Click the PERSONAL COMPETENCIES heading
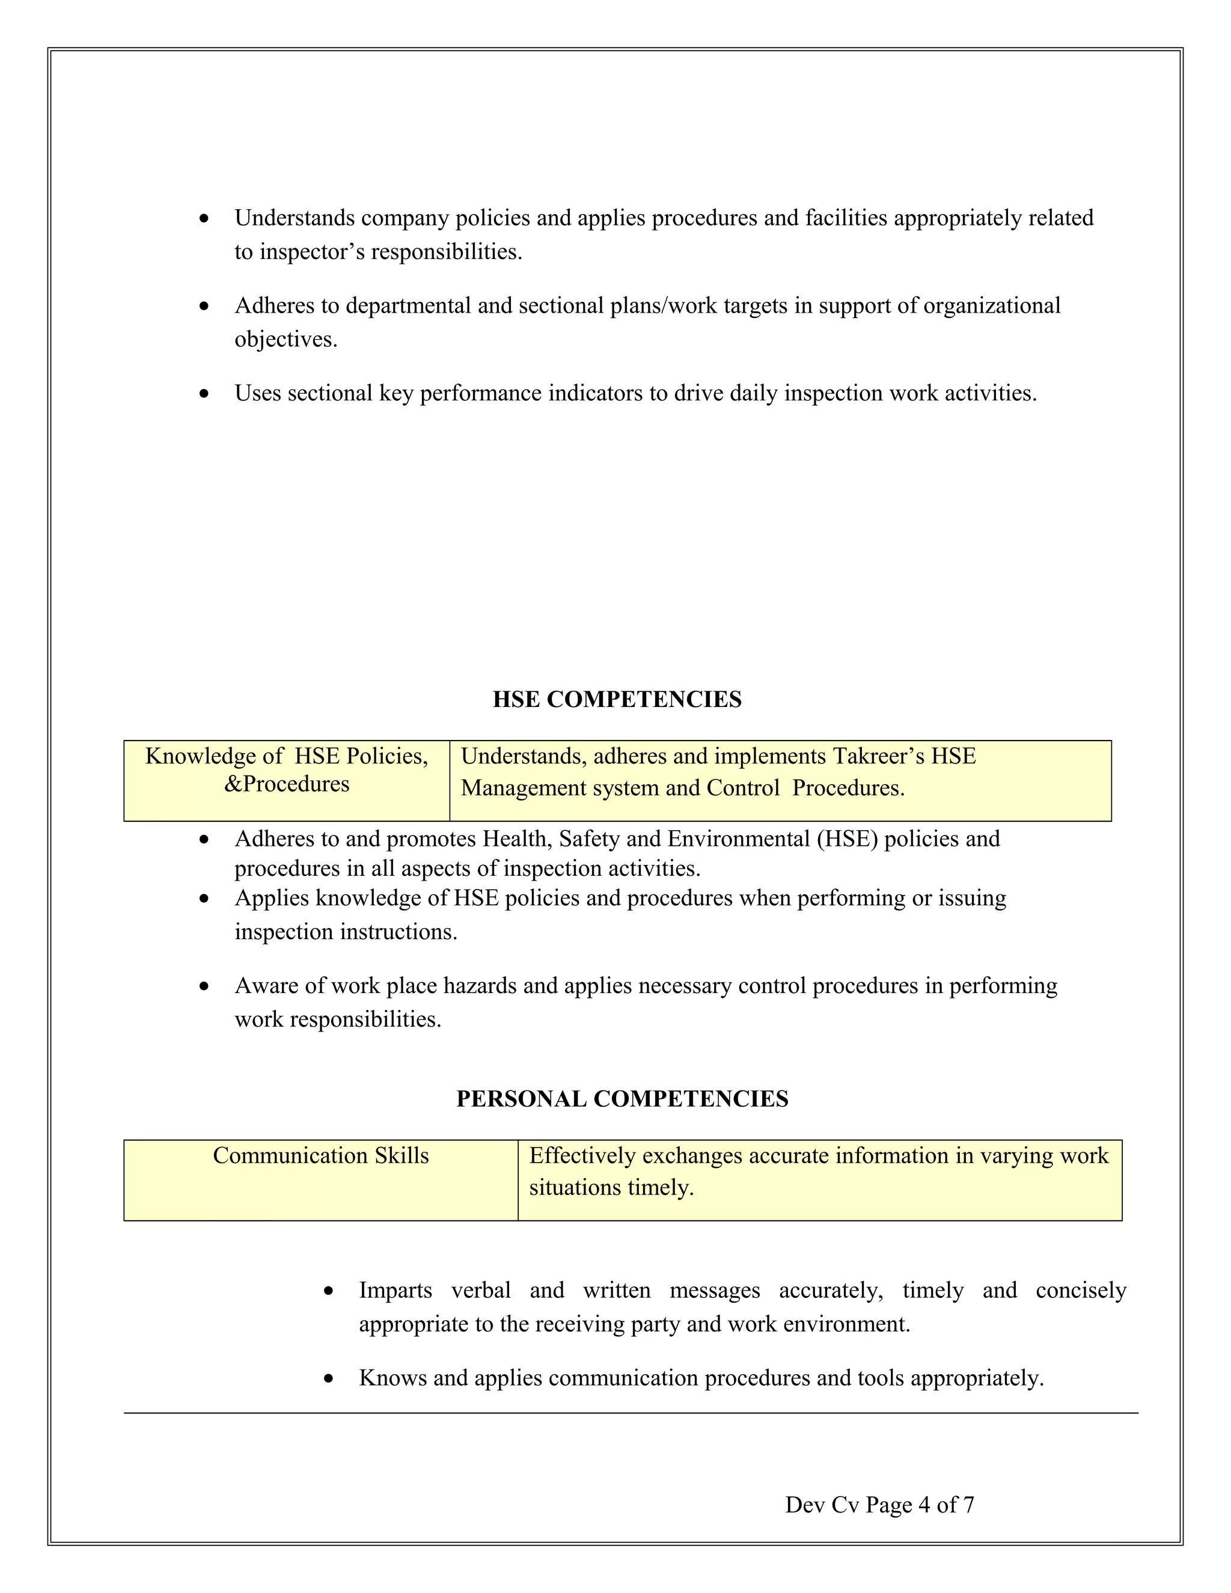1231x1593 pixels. [x=622, y=1098]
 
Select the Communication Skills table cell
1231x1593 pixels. [x=321, y=1156]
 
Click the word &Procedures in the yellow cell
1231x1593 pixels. [x=287, y=784]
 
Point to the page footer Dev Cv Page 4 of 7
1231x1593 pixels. [x=879, y=1504]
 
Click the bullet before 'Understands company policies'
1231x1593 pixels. [x=205, y=219]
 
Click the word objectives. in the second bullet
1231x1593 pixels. [x=286, y=340]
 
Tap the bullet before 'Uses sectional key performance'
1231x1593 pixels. [x=205, y=394]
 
